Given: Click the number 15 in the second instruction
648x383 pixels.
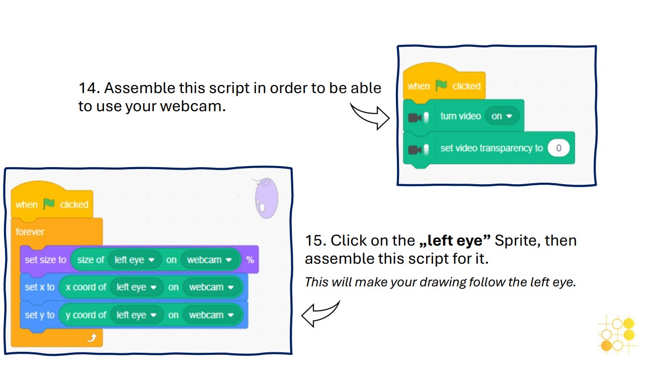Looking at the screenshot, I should click(315, 241).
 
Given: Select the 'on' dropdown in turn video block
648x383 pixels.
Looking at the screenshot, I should click(501, 116).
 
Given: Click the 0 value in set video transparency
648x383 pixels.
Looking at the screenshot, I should click(558, 148).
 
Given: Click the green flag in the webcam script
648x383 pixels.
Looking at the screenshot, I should click(441, 86).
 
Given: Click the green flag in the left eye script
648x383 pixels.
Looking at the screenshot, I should click(49, 204).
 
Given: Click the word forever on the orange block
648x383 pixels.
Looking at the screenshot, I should click(30, 232).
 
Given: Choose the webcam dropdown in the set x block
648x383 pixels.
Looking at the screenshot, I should click(212, 287).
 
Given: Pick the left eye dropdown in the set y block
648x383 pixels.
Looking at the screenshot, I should click(137, 315).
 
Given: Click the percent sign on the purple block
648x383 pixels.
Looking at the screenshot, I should click(250, 260).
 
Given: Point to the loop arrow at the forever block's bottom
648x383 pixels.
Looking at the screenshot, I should click(91, 338).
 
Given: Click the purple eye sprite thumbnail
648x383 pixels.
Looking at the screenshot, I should click(266, 198).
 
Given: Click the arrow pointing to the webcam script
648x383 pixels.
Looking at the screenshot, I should click(370, 116).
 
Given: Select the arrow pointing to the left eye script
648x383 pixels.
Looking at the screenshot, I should click(320, 313).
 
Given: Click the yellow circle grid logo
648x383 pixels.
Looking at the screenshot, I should click(617, 334).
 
